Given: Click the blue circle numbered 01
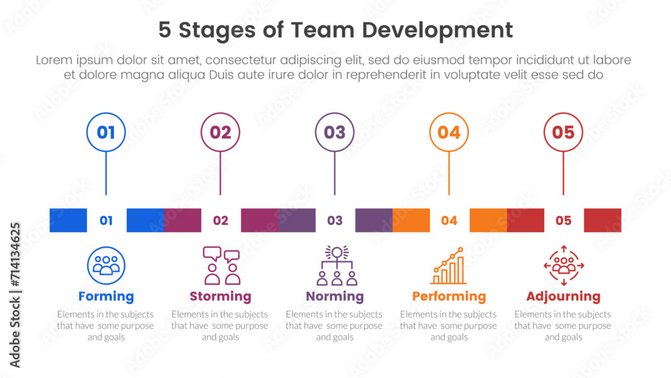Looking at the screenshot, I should pyautogui.click(x=106, y=132).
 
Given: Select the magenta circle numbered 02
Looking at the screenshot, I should pyautogui.click(x=220, y=132).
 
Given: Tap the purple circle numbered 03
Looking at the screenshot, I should pyautogui.click(x=335, y=132).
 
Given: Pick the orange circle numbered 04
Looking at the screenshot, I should pyautogui.click(x=449, y=132).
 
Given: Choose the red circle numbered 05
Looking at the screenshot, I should pyautogui.click(x=563, y=132).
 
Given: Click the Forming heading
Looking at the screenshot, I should pyautogui.click(x=106, y=296).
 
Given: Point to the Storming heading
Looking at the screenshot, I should pyautogui.click(x=220, y=296).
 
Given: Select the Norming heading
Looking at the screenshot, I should pyautogui.click(x=335, y=296).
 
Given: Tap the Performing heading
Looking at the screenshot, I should pyautogui.click(x=449, y=296).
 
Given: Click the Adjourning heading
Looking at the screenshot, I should pyautogui.click(x=563, y=296).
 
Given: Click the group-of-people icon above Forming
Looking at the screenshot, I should pyautogui.click(x=106, y=266).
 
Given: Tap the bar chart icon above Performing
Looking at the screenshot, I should pyautogui.click(x=449, y=266).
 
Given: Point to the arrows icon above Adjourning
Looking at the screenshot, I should pyautogui.click(x=564, y=266).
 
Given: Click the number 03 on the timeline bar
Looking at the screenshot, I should pyautogui.click(x=335, y=220).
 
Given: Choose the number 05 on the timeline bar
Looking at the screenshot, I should pyautogui.click(x=564, y=220).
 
